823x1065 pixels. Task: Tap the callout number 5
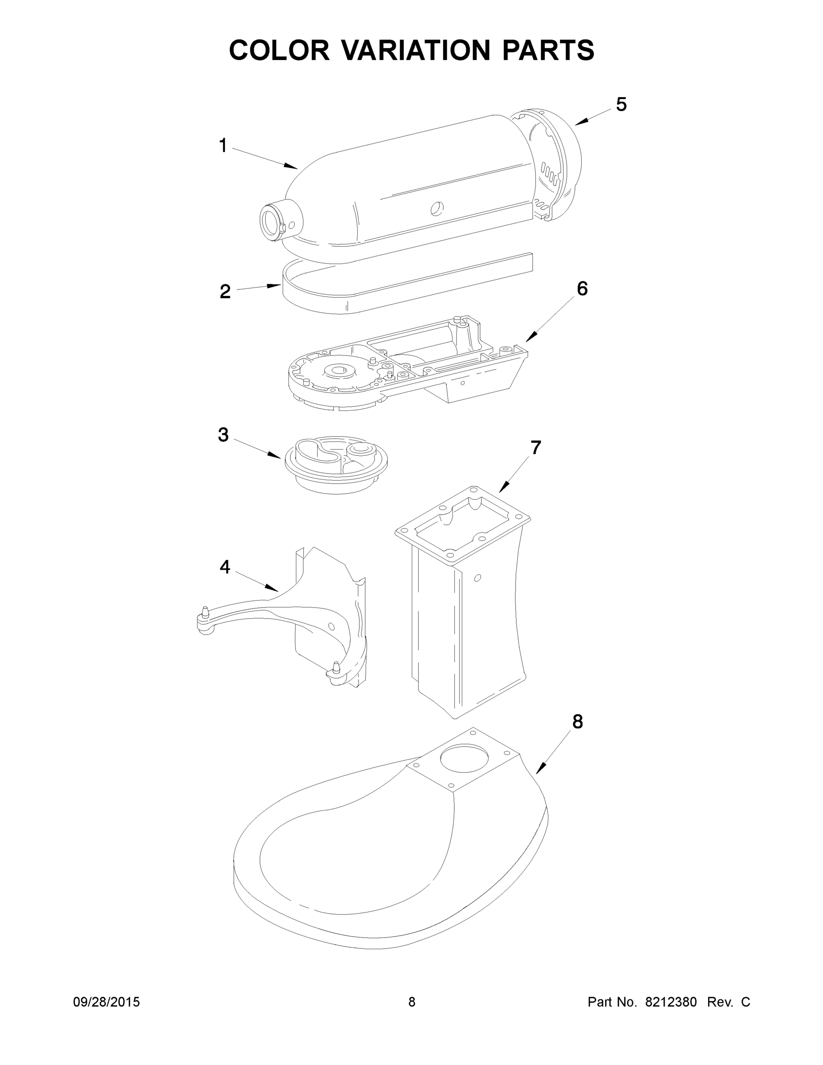[621, 104]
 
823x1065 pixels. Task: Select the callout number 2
[225, 292]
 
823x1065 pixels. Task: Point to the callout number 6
[582, 289]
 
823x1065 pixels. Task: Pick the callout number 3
[223, 434]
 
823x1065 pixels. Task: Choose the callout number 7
[536, 448]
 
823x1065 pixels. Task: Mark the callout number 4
[224, 567]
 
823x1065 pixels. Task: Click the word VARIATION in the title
[415, 50]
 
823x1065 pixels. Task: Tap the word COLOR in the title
[280, 50]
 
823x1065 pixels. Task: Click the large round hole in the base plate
[464, 758]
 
